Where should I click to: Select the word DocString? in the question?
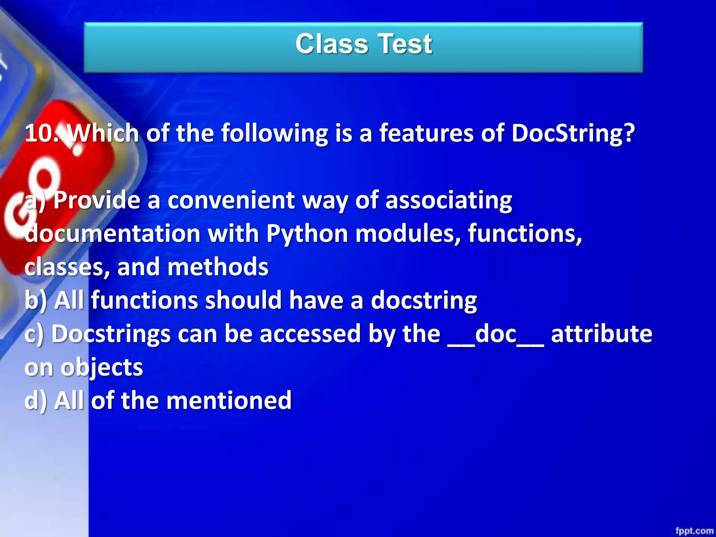(x=573, y=134)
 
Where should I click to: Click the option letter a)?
(x=34, y=201)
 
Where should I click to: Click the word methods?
(x=218, y=267)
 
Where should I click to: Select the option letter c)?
(x=34, y=334)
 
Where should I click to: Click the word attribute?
(x=601, y=334)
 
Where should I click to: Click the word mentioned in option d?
(x=229, y=401)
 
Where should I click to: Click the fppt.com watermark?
(x=694, y=531)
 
